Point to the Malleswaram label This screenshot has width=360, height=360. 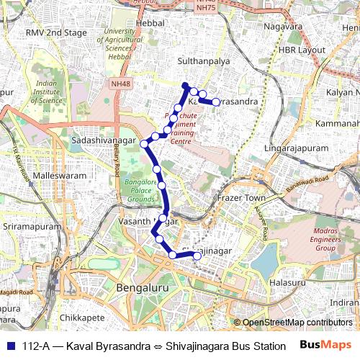click(60, 176)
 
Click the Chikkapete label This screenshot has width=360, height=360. click(83, 317)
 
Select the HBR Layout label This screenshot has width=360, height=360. click(302, 50)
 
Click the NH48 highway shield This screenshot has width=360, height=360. click(120, 84)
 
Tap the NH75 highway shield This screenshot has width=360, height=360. click(205, 8)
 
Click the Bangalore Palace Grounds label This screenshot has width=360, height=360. click(140, 191)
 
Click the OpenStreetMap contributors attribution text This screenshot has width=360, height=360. click(297, 323)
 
